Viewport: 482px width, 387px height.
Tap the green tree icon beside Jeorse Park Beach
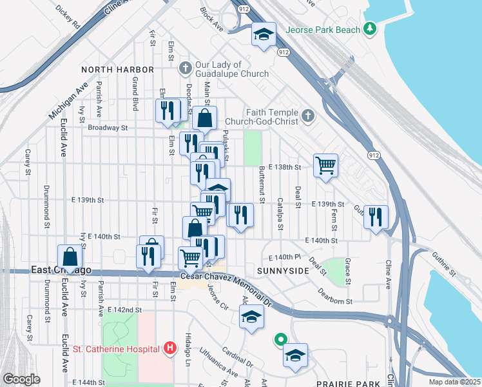(369, 28)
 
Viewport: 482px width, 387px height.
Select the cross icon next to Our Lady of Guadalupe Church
(186, 68)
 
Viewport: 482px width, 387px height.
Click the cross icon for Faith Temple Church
(308, 115)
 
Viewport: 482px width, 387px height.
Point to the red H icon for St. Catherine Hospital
(169, 348)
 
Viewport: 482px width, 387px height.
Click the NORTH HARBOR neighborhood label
(117, 70)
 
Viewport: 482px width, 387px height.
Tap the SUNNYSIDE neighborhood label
(284, 271)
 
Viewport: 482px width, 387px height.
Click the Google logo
(21, 379)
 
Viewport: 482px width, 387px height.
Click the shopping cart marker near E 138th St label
(326, 165)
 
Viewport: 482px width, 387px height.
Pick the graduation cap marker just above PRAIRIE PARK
(295, 355)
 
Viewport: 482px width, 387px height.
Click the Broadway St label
(108, 128)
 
